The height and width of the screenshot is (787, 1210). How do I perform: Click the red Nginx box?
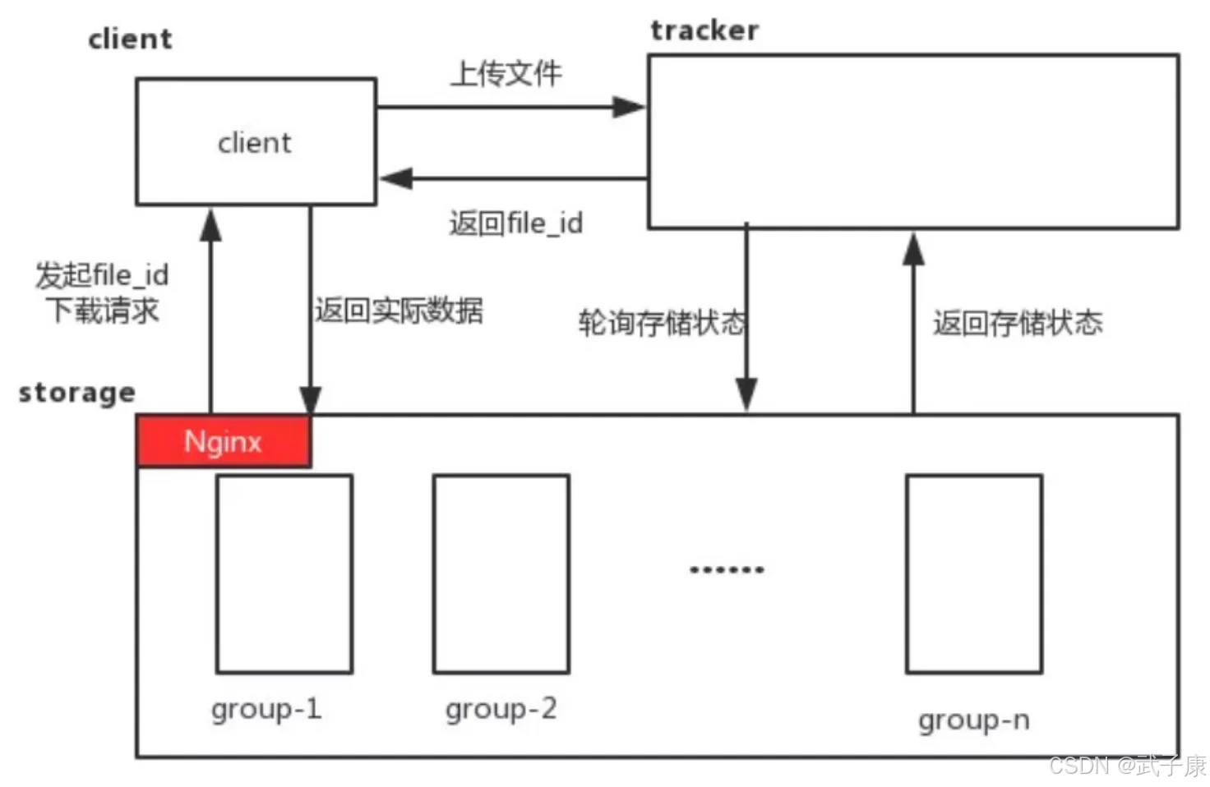click(223, 442)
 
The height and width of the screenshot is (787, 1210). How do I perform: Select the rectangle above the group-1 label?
click(284, 573)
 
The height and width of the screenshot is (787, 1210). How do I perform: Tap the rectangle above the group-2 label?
click(501, 573)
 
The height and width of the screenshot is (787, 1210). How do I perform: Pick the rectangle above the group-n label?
click(974, 573)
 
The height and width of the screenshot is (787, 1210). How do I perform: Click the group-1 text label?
click(266, 709)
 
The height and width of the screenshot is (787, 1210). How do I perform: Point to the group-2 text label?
click(501, 709)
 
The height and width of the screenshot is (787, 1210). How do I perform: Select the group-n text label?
click(974, 720)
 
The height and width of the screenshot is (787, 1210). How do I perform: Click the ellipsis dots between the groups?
click(727, 569)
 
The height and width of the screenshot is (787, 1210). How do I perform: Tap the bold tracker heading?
click(704, 30)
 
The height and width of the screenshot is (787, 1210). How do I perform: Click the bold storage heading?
click(76, 393)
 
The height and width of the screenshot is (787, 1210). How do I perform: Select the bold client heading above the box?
click(130, 39)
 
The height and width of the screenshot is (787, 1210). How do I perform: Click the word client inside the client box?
click(254, 143)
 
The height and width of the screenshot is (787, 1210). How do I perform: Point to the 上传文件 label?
click(506, 74)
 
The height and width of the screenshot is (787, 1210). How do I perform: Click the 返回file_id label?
click(515, 223)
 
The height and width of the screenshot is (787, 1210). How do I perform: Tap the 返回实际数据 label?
click(399, 311)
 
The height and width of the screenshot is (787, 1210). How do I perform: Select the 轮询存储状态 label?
click(661, 323)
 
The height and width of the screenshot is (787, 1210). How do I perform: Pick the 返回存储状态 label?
click(1017, 323)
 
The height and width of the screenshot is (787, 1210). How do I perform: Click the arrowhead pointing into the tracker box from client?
click(630, 107)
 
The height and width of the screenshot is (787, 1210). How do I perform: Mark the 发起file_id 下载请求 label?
click(102, 292)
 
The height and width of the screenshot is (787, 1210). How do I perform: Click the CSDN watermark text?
click(1126, 766)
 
